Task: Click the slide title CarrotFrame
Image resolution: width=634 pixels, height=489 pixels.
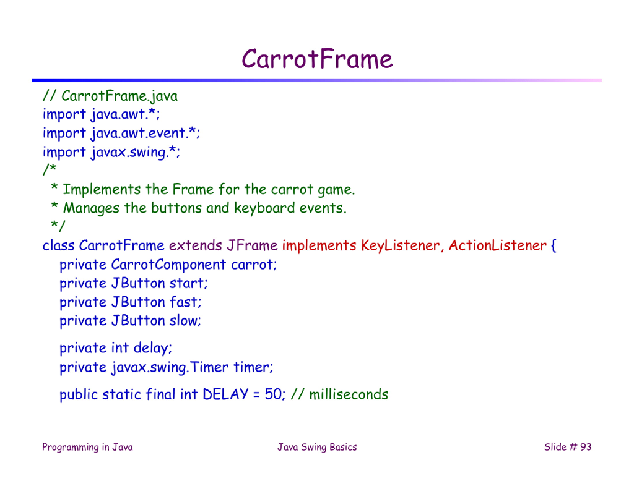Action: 317,59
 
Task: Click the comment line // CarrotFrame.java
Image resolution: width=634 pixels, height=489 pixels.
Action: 110,96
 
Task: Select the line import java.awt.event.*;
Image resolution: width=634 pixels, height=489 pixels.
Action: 121,133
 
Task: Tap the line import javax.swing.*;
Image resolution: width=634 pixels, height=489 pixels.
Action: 111,152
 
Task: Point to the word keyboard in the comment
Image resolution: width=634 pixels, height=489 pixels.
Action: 261,208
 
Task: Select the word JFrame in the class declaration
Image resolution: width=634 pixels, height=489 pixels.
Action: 252,245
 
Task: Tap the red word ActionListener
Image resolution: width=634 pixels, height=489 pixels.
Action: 497,245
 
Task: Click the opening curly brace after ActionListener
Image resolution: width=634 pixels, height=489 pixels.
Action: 554,245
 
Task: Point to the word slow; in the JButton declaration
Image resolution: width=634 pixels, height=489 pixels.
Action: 186,321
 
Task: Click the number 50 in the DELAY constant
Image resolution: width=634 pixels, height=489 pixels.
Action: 273,394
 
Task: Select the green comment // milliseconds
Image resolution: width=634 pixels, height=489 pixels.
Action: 339,394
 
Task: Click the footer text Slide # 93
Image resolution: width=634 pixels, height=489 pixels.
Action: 567,447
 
